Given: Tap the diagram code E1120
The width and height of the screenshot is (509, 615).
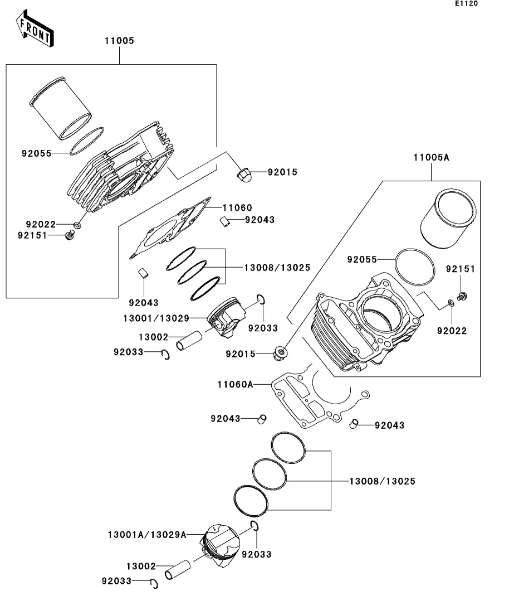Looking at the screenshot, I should (466, 4).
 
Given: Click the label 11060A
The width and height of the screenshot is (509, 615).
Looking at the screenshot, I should (235, 384).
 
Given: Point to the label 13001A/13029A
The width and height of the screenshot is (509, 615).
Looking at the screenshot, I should (146, 535).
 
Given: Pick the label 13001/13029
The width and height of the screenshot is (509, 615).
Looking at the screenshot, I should (156, 318).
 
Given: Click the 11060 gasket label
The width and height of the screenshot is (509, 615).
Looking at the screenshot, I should (238, 207).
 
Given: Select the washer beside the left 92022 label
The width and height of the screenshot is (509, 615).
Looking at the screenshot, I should (77, 225).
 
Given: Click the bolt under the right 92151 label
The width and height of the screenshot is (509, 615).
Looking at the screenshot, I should (461, 296).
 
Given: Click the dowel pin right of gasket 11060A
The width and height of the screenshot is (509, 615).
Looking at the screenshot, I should (353, 425).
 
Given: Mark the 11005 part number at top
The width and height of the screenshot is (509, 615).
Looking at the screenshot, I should (119, 41).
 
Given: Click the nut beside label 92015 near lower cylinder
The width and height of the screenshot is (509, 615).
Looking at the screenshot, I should (281, 352).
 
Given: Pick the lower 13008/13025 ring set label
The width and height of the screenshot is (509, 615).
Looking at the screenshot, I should (382, 481).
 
